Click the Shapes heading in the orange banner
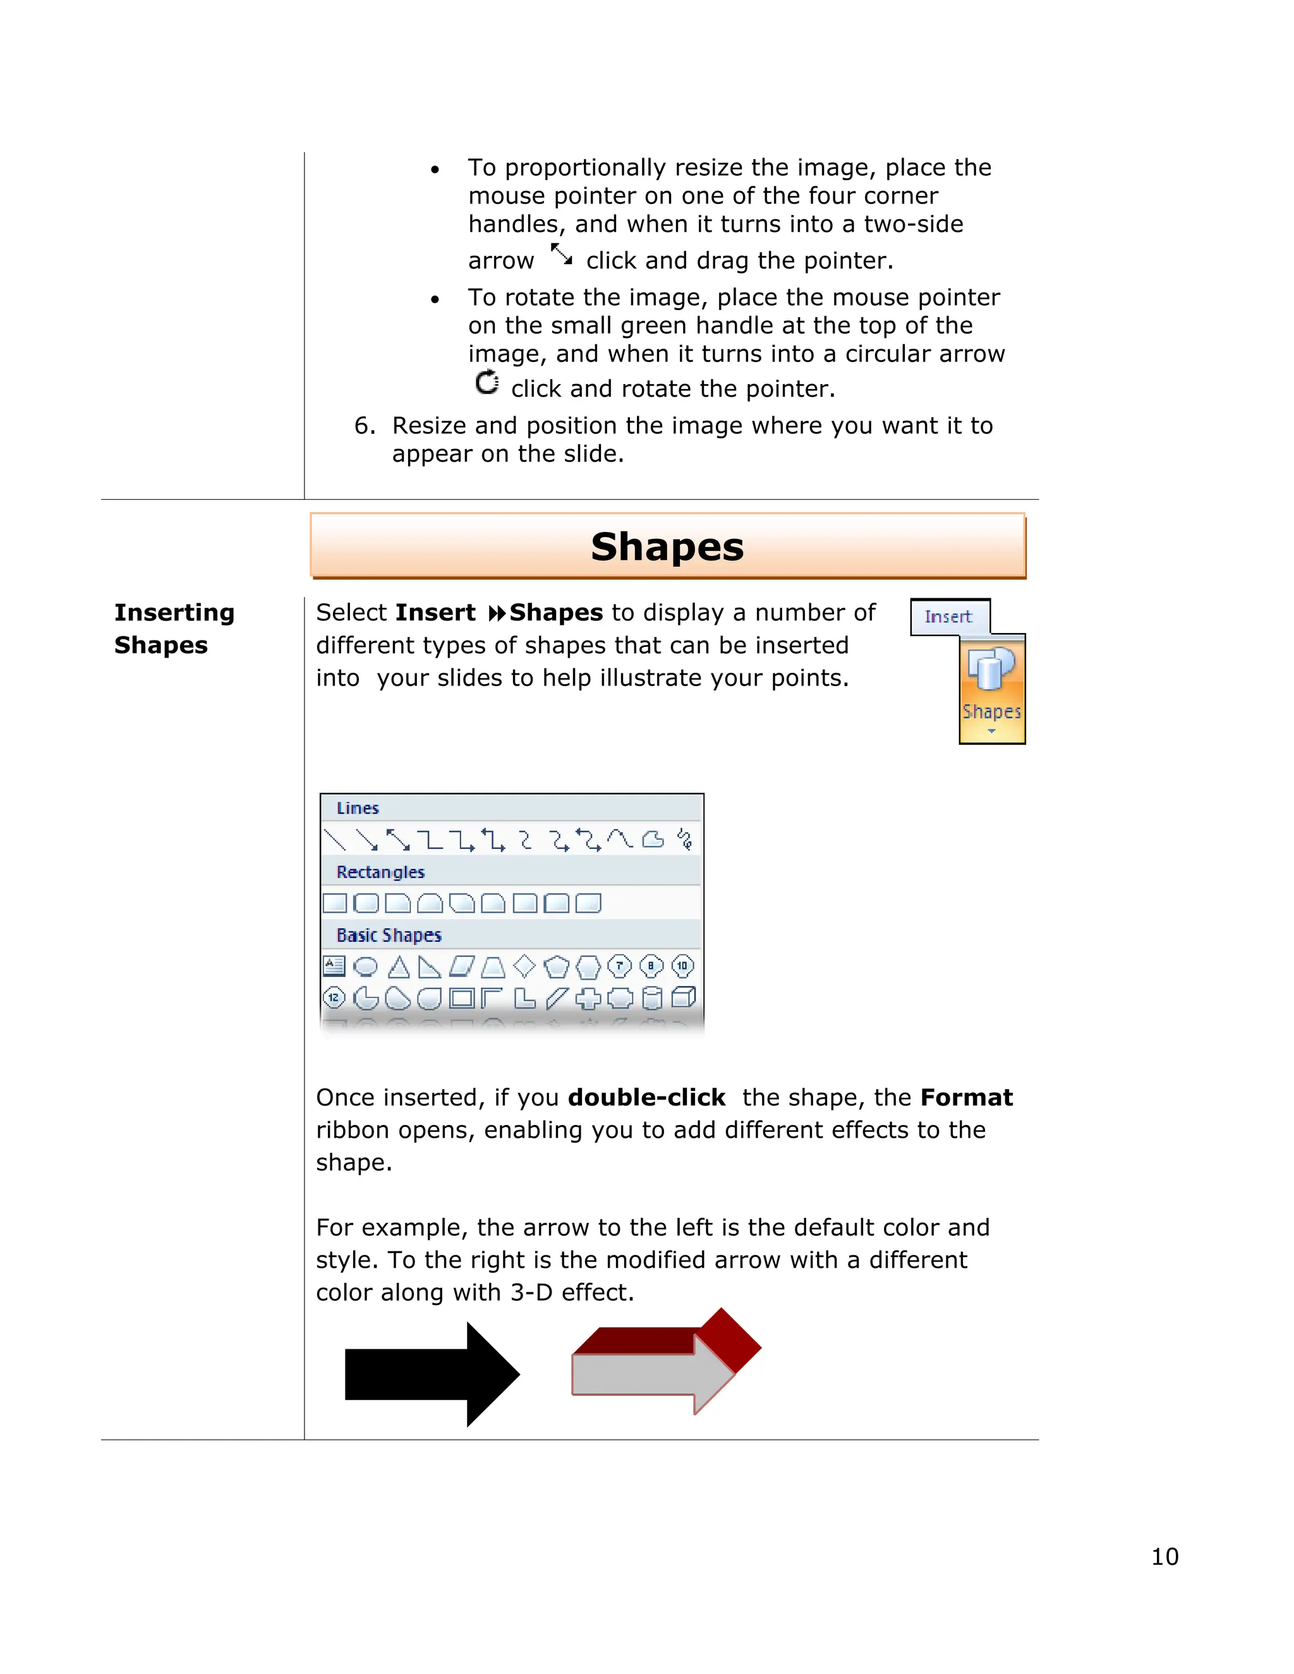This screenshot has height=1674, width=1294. pos(667,546)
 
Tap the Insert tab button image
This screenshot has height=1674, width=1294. pos(949,617)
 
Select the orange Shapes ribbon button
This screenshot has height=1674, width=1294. pos(991,690)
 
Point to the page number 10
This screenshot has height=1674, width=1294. pos(1164,1556)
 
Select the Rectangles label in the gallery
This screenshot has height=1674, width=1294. pos(380,872)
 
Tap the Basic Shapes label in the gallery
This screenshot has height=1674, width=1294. pos(389,935)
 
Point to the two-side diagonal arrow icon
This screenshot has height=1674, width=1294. pos(561,255)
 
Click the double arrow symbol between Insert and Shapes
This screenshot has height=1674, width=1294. pos(497,613)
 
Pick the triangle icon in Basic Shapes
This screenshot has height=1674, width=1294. pos(398,966)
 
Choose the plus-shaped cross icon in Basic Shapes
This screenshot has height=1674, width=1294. pos(588,998)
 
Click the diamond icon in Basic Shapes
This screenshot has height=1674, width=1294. pos(524,966)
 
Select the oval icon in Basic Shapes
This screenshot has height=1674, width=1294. pos(366,966)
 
